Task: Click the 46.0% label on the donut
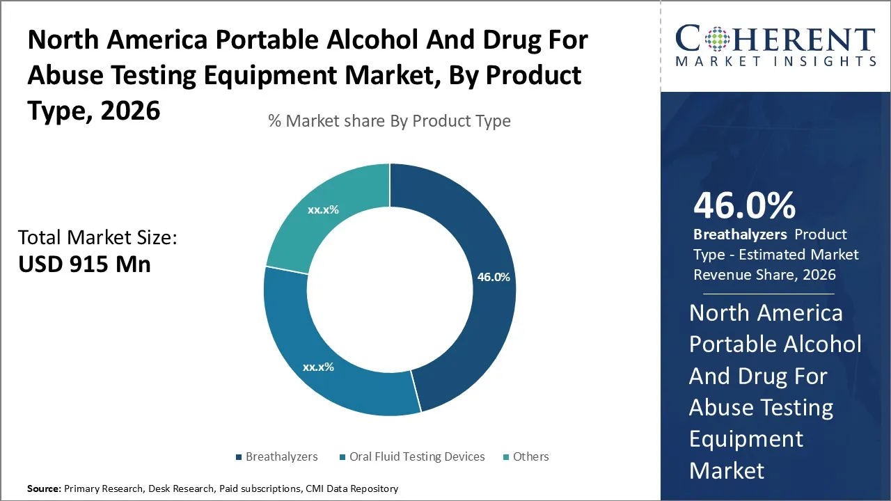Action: point(494,277)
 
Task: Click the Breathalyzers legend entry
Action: point(281,456)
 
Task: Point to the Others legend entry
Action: point(530,456)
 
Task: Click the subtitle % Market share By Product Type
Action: point(389,121)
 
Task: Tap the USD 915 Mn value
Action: point(84,264)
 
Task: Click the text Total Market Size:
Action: point(98,238)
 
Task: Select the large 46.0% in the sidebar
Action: point(744,206)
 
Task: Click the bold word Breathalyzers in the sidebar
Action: point(740,234)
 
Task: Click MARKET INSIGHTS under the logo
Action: point(775,61)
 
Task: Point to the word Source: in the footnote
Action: point(44,489)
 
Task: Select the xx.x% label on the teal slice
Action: point(323,209)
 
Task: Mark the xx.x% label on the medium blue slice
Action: point(318,367)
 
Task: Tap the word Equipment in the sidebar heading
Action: point(746,439)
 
